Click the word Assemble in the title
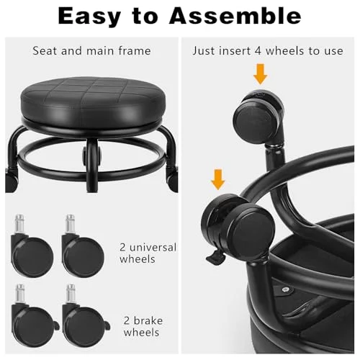(235, 16)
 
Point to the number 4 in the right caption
(258, 51)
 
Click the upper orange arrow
(260, 74)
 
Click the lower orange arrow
(218, 179)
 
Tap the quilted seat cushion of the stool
(93, 99)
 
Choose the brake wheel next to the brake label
(85, 316)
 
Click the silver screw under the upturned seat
(285, 289)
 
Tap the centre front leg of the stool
(92, 166)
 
